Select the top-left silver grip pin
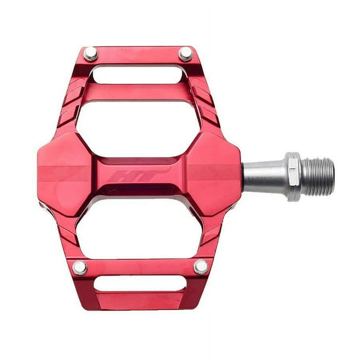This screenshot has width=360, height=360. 91,54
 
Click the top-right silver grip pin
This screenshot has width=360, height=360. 186,54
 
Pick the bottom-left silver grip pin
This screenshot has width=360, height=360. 80,267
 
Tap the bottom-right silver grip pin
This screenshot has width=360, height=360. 201,267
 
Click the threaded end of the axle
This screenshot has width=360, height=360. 319,176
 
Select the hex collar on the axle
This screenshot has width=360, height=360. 292,176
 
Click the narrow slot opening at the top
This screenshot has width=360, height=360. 138,74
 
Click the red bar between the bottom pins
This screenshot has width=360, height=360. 141,267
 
